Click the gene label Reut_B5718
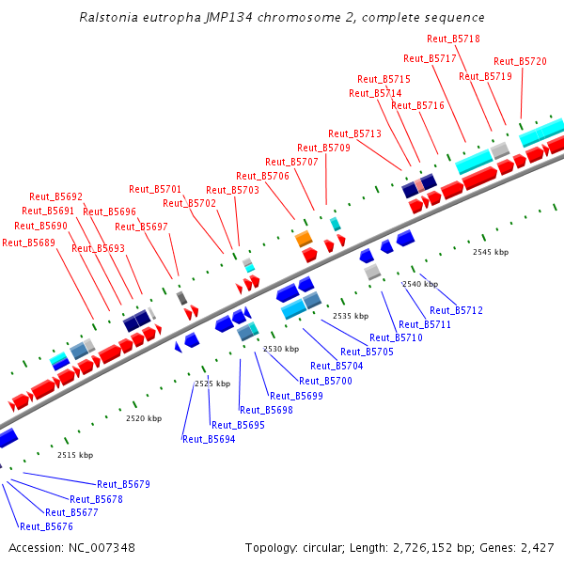[x=453, y=39]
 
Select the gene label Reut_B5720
[x=520, y=61]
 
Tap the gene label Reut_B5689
[x=28, y=242]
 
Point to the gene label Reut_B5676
[x=46, y=526]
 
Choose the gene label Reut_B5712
[x=456, y=310]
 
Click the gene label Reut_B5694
[x=209, y=439]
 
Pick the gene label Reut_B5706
[x=262, y=176]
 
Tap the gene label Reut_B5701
[x=155, y=189]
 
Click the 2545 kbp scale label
[x=490, y=252]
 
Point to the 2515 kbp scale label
[x=74, y=455]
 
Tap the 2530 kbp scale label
[x=280, y=349]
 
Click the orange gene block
[x=304, y=240]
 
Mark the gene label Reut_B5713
[x=354, y=133]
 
